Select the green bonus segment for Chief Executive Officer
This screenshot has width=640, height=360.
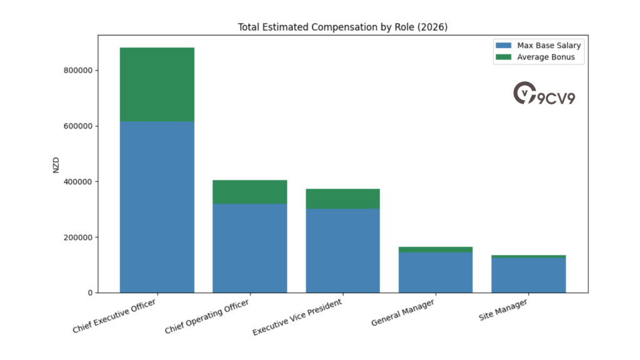(x=157, y=84)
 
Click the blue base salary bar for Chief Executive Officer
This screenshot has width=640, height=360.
(x=157, y=207)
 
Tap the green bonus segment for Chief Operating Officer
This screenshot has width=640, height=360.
(x=249, y=192)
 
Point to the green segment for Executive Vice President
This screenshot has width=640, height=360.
(x=342, y=199)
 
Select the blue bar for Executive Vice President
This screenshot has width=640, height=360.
(x=342, y=251)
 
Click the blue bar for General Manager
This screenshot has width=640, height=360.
(x=435, y=272)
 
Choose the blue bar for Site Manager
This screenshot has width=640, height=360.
(x=528, y=275)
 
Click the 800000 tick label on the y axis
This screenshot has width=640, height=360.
(x=78, y=71)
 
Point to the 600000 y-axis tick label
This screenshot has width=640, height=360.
(x=78, y=126)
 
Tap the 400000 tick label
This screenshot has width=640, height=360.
(x=78, y=182)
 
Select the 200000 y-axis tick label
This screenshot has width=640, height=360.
(x=78, y=237)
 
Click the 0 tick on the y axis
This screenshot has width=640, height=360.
(x=90, y=293)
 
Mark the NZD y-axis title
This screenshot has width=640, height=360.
(x=56, y=164)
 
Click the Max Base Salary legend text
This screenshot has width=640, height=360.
(x=549, y=46)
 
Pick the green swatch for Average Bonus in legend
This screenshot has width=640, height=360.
(x=503, y=57)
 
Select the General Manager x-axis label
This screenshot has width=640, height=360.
(x=402, y=313)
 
